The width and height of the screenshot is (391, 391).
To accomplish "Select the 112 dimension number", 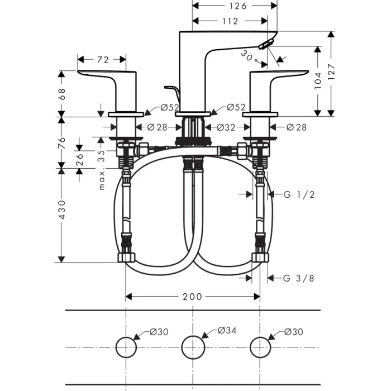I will point(229,21).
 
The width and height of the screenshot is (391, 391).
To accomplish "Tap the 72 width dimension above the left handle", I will point(102,59).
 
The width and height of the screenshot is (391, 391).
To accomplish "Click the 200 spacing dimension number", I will point(192,297).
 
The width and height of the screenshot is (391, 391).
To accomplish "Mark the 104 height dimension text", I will point(318,81).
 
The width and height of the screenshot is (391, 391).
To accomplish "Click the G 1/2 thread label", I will point(299,194).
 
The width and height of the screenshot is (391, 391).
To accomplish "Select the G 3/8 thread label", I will point(299,278).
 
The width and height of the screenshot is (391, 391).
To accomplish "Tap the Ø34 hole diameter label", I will point(227,331).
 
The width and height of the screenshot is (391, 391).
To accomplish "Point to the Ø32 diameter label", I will point(226,127).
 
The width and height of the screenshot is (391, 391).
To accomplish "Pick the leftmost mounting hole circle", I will point(126,347).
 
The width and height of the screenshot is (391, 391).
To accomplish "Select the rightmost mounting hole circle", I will point(260,347).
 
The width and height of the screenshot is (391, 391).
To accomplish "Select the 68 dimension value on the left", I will point(62,93).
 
